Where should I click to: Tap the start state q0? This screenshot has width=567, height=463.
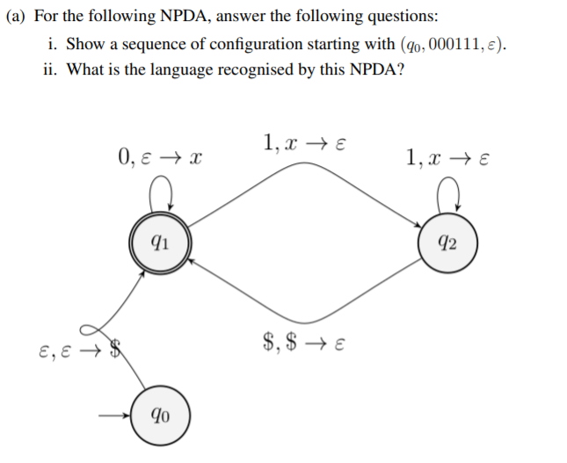[x=156, y=414]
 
